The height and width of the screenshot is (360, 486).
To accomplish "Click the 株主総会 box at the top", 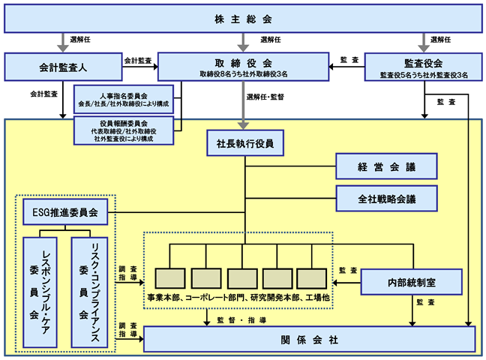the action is pos(243,19).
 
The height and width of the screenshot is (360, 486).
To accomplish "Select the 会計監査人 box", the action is pos(63,67).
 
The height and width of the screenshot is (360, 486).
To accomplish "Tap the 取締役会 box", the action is pos(243,67).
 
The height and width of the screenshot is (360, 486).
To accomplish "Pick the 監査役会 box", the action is pos(424,67).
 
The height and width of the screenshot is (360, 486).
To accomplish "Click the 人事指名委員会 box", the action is pos(124,99).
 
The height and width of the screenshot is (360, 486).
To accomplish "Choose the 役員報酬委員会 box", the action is pos(124,130).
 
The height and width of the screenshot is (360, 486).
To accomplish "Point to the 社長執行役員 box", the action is pos(245,143).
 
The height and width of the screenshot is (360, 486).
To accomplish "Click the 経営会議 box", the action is pos(386,166).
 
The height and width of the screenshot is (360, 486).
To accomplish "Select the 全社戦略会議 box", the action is pos(386,199).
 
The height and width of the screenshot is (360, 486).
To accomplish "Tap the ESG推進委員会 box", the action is pos(65,212).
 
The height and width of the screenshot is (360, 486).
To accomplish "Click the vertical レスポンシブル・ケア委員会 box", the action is pos(40,292).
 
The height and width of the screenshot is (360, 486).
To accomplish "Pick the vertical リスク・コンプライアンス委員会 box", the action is pos(89,292).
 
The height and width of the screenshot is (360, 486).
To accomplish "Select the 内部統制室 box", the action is pos(411,282).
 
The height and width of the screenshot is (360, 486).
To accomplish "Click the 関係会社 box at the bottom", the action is pos(309,339).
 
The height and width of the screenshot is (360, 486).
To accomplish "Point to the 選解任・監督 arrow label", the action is pos(265,97).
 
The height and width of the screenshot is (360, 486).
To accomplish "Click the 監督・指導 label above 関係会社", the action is pos(241,320).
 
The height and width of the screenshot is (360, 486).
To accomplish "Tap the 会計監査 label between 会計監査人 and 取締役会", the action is pos(138,61).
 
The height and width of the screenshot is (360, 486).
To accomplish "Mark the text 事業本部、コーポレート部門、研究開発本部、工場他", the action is pos(238,297).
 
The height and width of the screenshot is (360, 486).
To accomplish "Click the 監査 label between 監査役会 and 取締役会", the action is pos(349,59).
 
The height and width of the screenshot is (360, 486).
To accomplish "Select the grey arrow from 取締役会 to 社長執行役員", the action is pos(243,106).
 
